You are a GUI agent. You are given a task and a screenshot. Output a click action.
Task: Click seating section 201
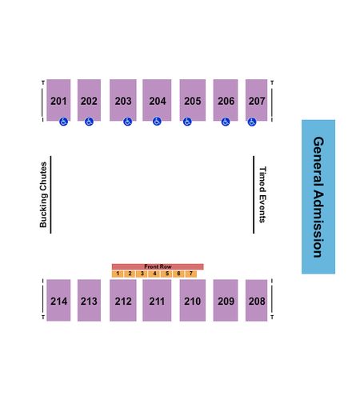tap(58, 100)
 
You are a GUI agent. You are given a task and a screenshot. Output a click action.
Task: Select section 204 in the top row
tap(157, 100)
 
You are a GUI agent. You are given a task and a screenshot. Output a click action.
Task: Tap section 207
tap(256, 100)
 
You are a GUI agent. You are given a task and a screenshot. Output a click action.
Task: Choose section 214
tap(58, 300)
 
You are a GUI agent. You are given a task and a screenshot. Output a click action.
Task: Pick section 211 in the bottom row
tap(157, 300)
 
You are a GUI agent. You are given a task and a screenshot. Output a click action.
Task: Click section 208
tap(256, 300)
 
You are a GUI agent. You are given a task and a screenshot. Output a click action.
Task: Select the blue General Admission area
tap(318, 197)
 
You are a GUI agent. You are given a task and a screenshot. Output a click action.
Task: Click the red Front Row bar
tap(158, 266)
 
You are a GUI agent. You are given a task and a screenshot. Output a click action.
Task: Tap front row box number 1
tap(118, 274)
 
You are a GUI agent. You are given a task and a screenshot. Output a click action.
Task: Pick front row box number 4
tap(154, 274)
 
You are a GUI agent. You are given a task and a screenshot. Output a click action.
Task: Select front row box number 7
tap(191, 274)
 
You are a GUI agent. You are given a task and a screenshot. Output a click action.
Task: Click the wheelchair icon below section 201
tap(63, 122)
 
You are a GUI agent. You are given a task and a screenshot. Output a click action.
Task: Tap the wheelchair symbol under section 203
tap(127, 122)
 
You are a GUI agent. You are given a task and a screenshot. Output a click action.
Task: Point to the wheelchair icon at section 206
tap(226, 122)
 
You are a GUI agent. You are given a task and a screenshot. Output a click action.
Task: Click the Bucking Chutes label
tap(43, 194)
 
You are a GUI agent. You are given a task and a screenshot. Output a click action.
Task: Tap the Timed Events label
tap(262, 194)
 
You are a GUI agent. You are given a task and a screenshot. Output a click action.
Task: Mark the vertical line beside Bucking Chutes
tap(50, 194)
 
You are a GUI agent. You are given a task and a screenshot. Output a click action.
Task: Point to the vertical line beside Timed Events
tap(254, 194)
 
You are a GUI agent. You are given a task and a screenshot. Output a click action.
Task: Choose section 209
tap(226, 300)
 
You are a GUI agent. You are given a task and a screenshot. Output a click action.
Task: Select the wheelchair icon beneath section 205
tap(187, 122)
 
